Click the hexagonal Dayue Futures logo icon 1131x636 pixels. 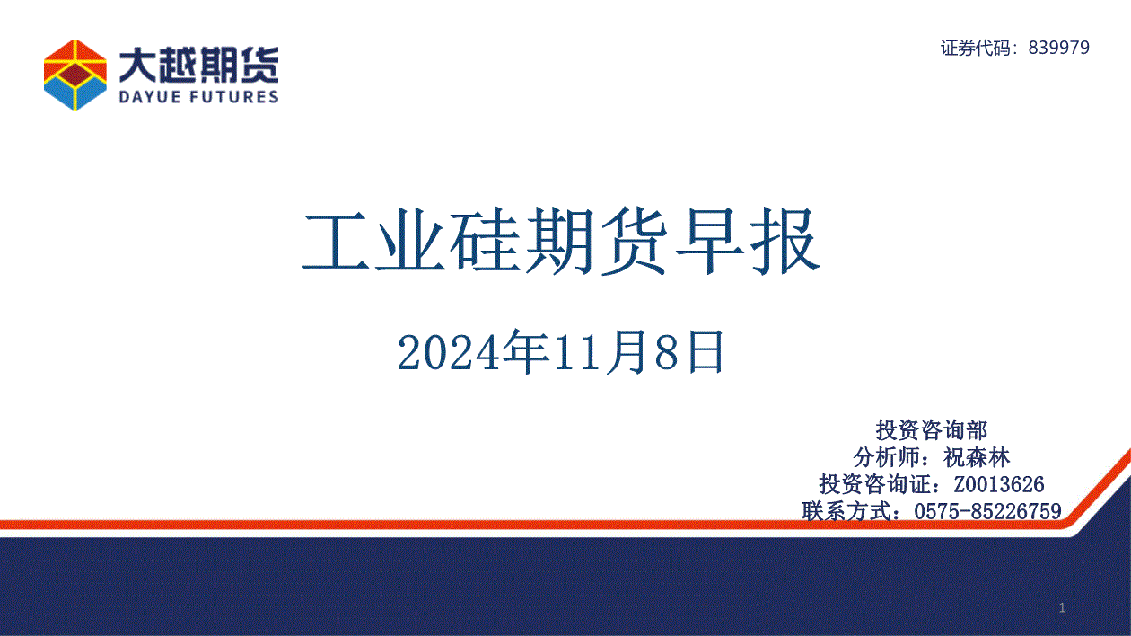click(75, 75)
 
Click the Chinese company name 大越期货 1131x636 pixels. click(198, 65)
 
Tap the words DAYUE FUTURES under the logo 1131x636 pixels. click(198, 96)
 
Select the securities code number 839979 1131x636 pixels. click(1059, 48)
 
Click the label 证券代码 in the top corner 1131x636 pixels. click(976, 48)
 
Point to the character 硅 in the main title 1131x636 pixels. click(486, 241)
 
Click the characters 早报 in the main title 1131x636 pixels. click(748, 241)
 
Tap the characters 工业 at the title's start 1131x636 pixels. click(373, 241)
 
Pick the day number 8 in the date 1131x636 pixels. click(666, 353)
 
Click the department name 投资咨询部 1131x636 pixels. click(932, 430)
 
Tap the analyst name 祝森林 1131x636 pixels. click(977, 457)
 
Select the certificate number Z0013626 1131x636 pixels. click(999, 484)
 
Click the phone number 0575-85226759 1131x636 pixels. click(987, 511)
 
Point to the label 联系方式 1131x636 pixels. click(846, 511)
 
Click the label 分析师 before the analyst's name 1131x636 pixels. click(887, 457)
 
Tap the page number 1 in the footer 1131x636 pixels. click(1063, 608)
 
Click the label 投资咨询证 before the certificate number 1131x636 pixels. click(874, 484)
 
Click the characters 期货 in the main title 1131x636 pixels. click(597, 241)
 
